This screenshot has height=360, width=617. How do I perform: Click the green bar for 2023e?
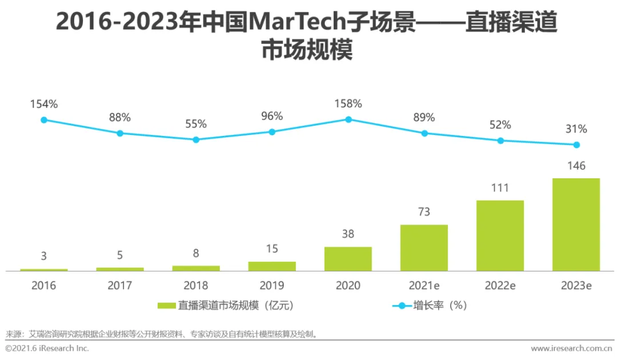576,224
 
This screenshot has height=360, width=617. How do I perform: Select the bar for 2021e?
424,247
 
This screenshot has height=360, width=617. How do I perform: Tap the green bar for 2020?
348,258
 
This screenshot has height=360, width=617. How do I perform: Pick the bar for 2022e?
500,235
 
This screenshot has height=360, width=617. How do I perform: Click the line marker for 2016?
44,120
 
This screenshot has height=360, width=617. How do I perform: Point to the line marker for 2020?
348,119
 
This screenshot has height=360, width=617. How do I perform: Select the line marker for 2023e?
576,145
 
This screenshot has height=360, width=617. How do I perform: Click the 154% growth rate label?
44,104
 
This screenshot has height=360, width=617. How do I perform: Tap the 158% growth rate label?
348,103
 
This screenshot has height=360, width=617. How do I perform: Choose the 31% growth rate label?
576,129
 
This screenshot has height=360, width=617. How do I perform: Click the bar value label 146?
576,166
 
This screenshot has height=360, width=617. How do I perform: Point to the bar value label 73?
424,212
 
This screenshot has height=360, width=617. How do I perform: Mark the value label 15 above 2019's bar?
272,249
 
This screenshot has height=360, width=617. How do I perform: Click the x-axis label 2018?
196,285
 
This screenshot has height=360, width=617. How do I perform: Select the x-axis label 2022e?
500,285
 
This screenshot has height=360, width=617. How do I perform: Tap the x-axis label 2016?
44,285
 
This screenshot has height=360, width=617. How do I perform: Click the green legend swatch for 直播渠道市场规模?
166,306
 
